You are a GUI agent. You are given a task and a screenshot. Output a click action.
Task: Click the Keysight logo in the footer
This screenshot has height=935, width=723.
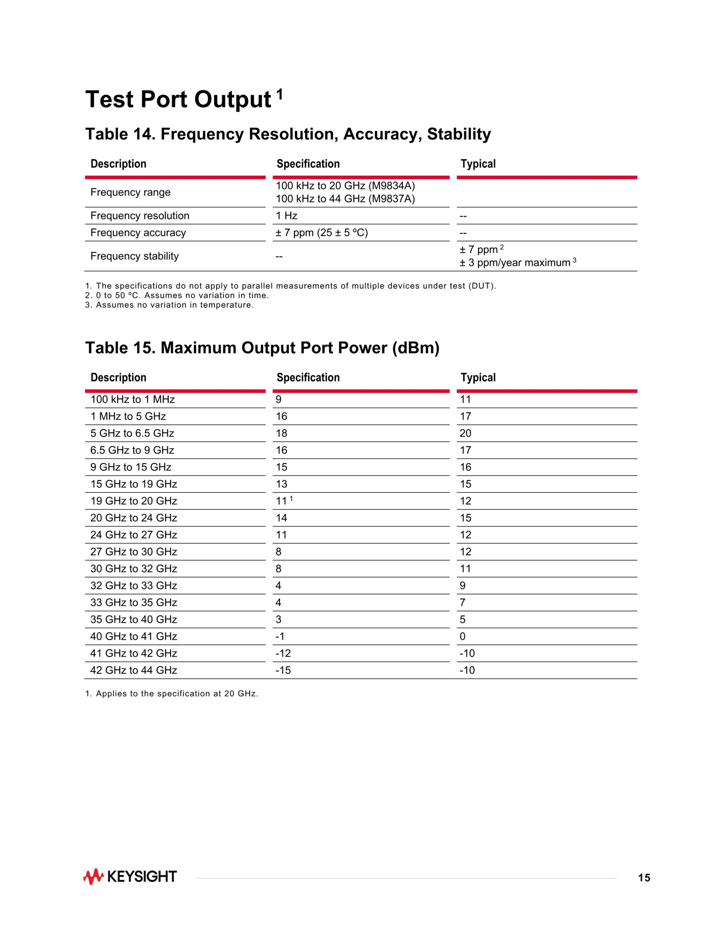[130, 877]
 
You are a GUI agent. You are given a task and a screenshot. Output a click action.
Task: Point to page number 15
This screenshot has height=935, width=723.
[644, 878]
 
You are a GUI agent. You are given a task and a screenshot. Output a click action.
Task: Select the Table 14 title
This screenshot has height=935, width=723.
[288, 134]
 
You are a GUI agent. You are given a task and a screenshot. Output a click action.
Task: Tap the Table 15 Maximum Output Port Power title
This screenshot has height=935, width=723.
[262, 348]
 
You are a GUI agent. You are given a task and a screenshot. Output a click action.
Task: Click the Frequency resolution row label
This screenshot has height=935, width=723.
[140, 216]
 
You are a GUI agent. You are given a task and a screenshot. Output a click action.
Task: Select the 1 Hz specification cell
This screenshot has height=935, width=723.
[287, 216]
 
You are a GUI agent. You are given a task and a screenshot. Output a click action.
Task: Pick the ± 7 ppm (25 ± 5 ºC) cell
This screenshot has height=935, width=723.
[322, 233]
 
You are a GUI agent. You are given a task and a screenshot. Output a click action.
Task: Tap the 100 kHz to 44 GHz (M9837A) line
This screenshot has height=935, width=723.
[345, 199]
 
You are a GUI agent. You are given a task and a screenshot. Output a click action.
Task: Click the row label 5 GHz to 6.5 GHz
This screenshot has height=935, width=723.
[132, 433]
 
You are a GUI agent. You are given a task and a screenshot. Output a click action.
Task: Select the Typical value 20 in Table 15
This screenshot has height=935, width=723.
[465, 433]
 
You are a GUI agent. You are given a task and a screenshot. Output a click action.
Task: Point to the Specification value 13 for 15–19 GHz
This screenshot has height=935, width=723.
[281, 484]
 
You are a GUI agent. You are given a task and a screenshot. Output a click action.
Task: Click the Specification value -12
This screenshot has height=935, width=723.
[283, 653]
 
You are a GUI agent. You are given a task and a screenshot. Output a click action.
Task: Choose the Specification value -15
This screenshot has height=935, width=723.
[283, 670]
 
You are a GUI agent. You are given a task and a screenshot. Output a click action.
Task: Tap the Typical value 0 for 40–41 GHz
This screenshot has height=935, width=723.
[462, 637]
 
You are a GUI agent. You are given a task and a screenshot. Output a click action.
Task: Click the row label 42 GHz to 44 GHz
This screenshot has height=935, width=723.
[134, 670]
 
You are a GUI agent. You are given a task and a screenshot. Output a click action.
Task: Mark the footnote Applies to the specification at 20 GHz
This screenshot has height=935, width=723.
[172, 694]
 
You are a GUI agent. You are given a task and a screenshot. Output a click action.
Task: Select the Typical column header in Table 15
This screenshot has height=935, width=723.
[478, 378]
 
